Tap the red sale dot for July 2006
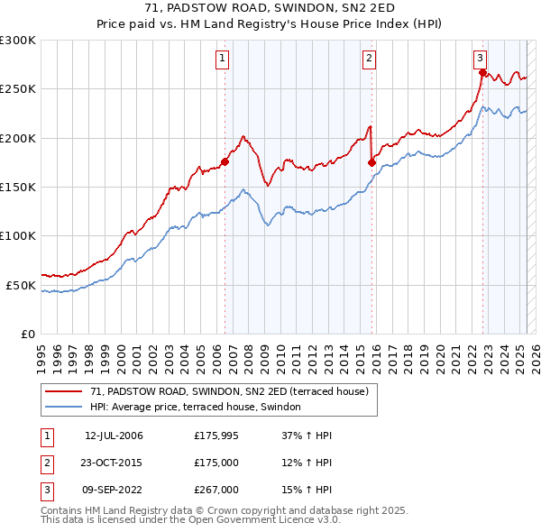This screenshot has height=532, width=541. coord(225,161)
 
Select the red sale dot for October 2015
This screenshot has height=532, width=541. coord(371,162)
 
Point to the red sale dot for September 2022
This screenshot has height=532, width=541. coord(482,72)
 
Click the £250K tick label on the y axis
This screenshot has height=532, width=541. coord(18,89)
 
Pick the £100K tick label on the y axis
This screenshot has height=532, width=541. coord(18,235)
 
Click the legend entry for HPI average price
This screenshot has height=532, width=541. coord(200,408)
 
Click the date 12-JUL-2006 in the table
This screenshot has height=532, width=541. coord(114,436)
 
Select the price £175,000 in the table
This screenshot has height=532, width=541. coord(215,463)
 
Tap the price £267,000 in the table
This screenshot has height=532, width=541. coord(215,490)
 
